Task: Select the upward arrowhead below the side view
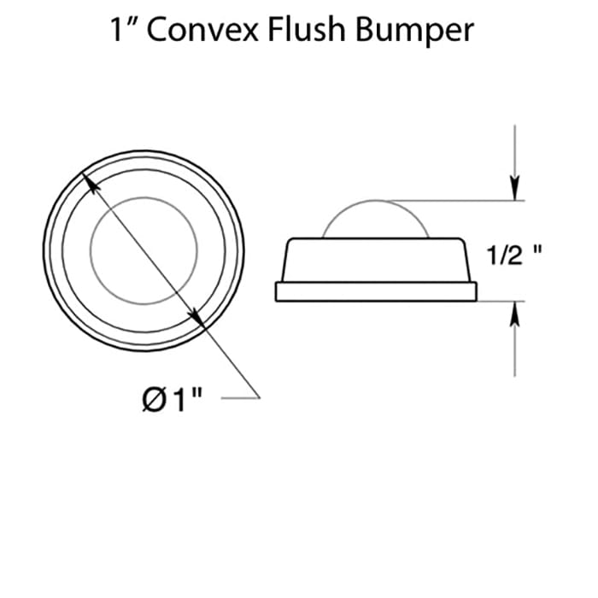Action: point(514,311)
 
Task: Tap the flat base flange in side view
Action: point(375,291)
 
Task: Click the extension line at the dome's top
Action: point(461,201)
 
